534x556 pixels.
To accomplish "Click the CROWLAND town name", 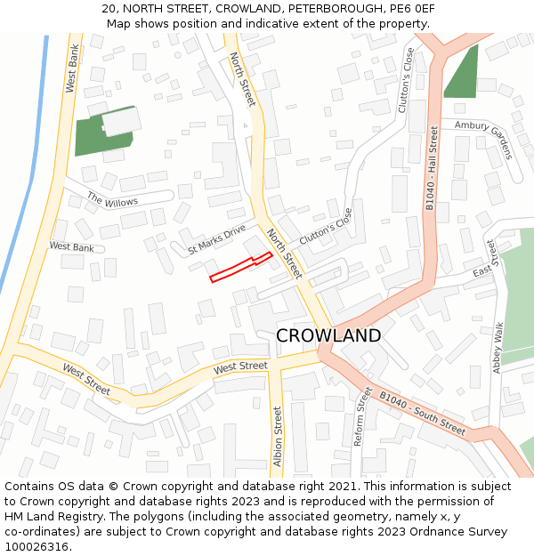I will (x=328, y=335).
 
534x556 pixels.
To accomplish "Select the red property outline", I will (x=240, y=267).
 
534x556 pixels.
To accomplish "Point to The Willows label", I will (x=112, y=199).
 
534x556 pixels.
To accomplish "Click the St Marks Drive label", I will (x=216, y=240).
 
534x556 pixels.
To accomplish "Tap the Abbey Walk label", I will (x=498, y=347).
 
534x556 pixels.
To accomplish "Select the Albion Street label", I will (x=278, y=437).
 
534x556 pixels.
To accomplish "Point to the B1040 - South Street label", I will (x=422, y=414).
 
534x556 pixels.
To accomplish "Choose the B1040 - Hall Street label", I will (x=432, y=169).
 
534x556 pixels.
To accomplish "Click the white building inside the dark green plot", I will (x=121, y=122).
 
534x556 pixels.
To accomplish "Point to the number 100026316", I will (x=36, y=546).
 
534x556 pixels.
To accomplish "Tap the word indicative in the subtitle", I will (x=247, y=24).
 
